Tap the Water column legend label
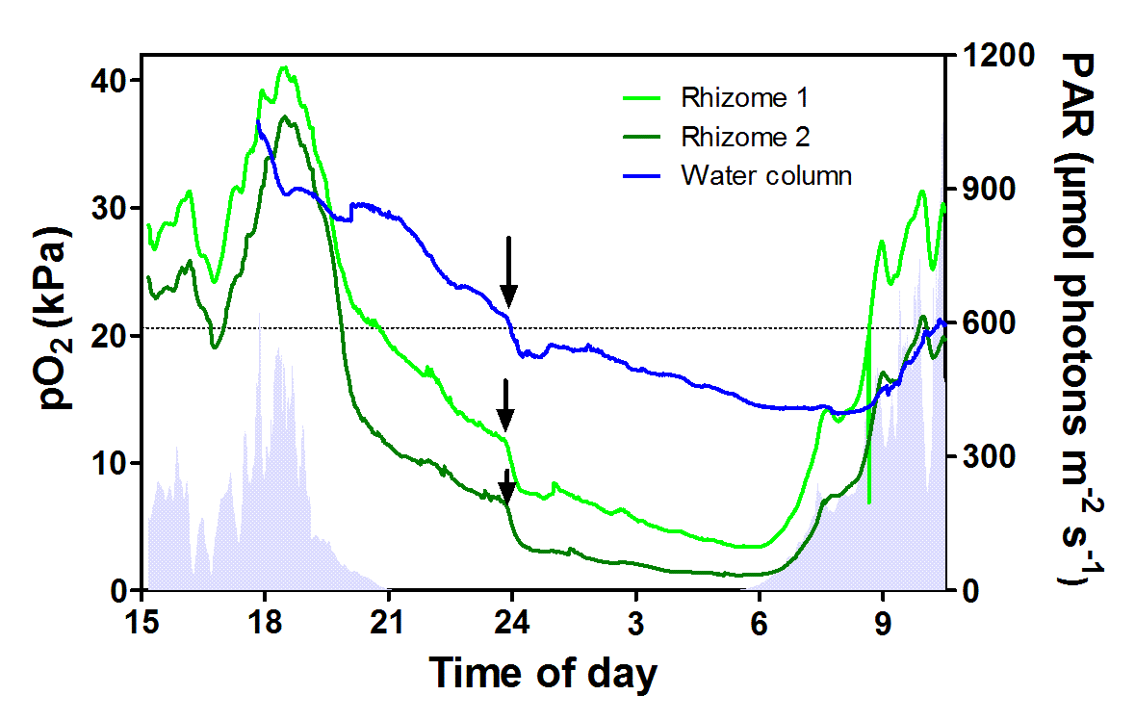click(x=766, y=176)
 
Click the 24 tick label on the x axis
click(x=512, y=618)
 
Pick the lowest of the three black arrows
click(x=506, y=487)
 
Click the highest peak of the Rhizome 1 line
click(x=283, y=68)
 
